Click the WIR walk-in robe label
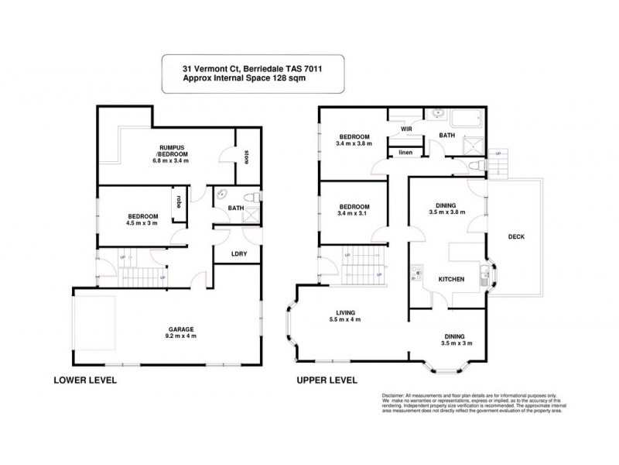tap(405, 129)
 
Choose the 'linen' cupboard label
tap(405, 153)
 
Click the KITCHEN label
tap(451, 279)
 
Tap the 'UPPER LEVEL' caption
tap(327, 381)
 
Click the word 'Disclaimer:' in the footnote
tap(396, 394)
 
